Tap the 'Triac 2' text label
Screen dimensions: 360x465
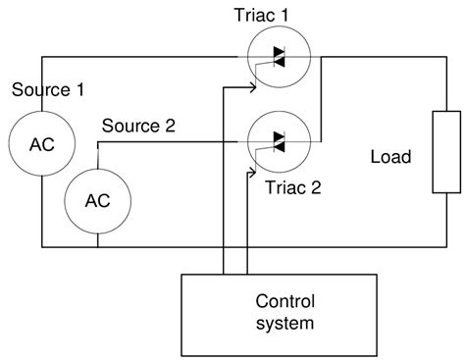[293, 184]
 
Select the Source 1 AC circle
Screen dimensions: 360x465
[42, 142]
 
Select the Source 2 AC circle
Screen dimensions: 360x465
[98, 200]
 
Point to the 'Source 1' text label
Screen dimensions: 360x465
[48, 90]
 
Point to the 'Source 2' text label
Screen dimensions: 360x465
[139, 125]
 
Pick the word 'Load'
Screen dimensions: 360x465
[390, 157]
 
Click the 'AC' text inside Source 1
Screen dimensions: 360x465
[42, 142]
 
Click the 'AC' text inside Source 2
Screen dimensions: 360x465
[98, 200]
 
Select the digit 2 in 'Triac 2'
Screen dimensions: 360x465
[317, 184]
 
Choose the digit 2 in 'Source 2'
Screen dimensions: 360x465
[170, 125]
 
